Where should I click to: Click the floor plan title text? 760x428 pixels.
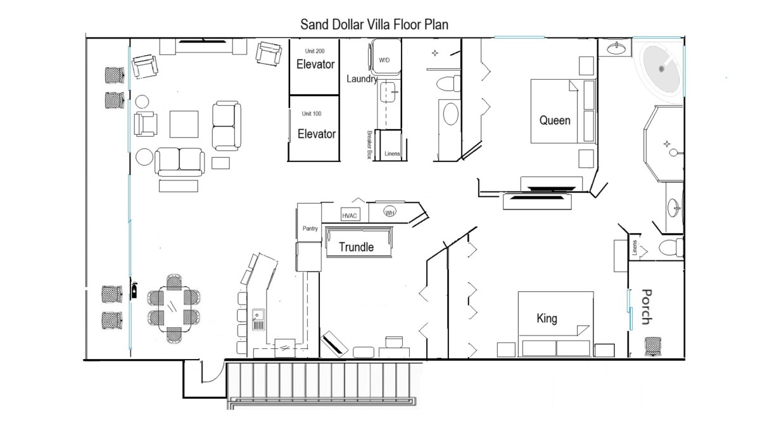(x=374, y=25)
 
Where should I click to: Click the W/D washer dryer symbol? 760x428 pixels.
(x=386, y=57)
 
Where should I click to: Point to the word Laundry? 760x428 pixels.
(x=362, y=79)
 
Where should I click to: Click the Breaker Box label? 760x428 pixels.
(x=369, y=145)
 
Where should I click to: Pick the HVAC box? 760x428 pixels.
(x=350, y=215)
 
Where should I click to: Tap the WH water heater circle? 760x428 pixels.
(x=390, y=212)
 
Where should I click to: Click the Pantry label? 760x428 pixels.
(x=310, y=229)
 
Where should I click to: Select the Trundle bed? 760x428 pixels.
(x=358, y=242)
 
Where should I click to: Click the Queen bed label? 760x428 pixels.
(x=555, y=120)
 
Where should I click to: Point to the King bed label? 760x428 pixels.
(x=547, y=318)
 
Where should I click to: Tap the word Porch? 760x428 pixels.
(x=647, y=306)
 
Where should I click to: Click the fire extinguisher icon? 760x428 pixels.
(x=134, y=291)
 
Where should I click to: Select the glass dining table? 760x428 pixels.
(x=174, y=309)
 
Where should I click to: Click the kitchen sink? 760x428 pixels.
(x=258, y=319)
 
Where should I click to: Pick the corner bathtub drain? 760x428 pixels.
(x=661, y=69)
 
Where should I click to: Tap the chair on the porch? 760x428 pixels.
(x=653, y=346)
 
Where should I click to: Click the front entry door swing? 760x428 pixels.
(x=212, y=372)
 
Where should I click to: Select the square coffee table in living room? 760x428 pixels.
(x=184, y=124)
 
